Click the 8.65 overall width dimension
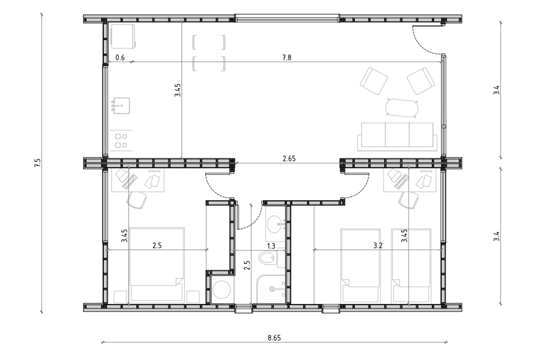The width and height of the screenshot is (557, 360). pos(274,338)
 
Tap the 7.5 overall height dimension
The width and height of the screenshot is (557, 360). pos(38,163)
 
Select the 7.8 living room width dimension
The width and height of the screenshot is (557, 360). pos(287,58)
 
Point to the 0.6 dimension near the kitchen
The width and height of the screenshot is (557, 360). pos(120,58)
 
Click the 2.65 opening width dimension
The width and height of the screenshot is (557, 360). pos(289,159)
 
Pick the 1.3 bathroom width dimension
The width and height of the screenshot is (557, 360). pos(271,246)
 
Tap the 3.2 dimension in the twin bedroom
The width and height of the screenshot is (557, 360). pos(378,246)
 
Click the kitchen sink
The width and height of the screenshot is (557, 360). pos(121,106)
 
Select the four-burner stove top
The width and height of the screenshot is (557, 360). pos(121,140)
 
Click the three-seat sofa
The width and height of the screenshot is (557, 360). pos(397,136)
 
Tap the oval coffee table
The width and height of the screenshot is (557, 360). pos(402,108)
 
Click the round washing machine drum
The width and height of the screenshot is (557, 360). pos(222,290)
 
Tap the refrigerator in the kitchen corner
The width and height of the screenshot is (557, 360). pos(123,36)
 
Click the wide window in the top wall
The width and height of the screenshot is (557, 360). pos(287,19)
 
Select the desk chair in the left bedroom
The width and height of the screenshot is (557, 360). pos(136,200)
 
